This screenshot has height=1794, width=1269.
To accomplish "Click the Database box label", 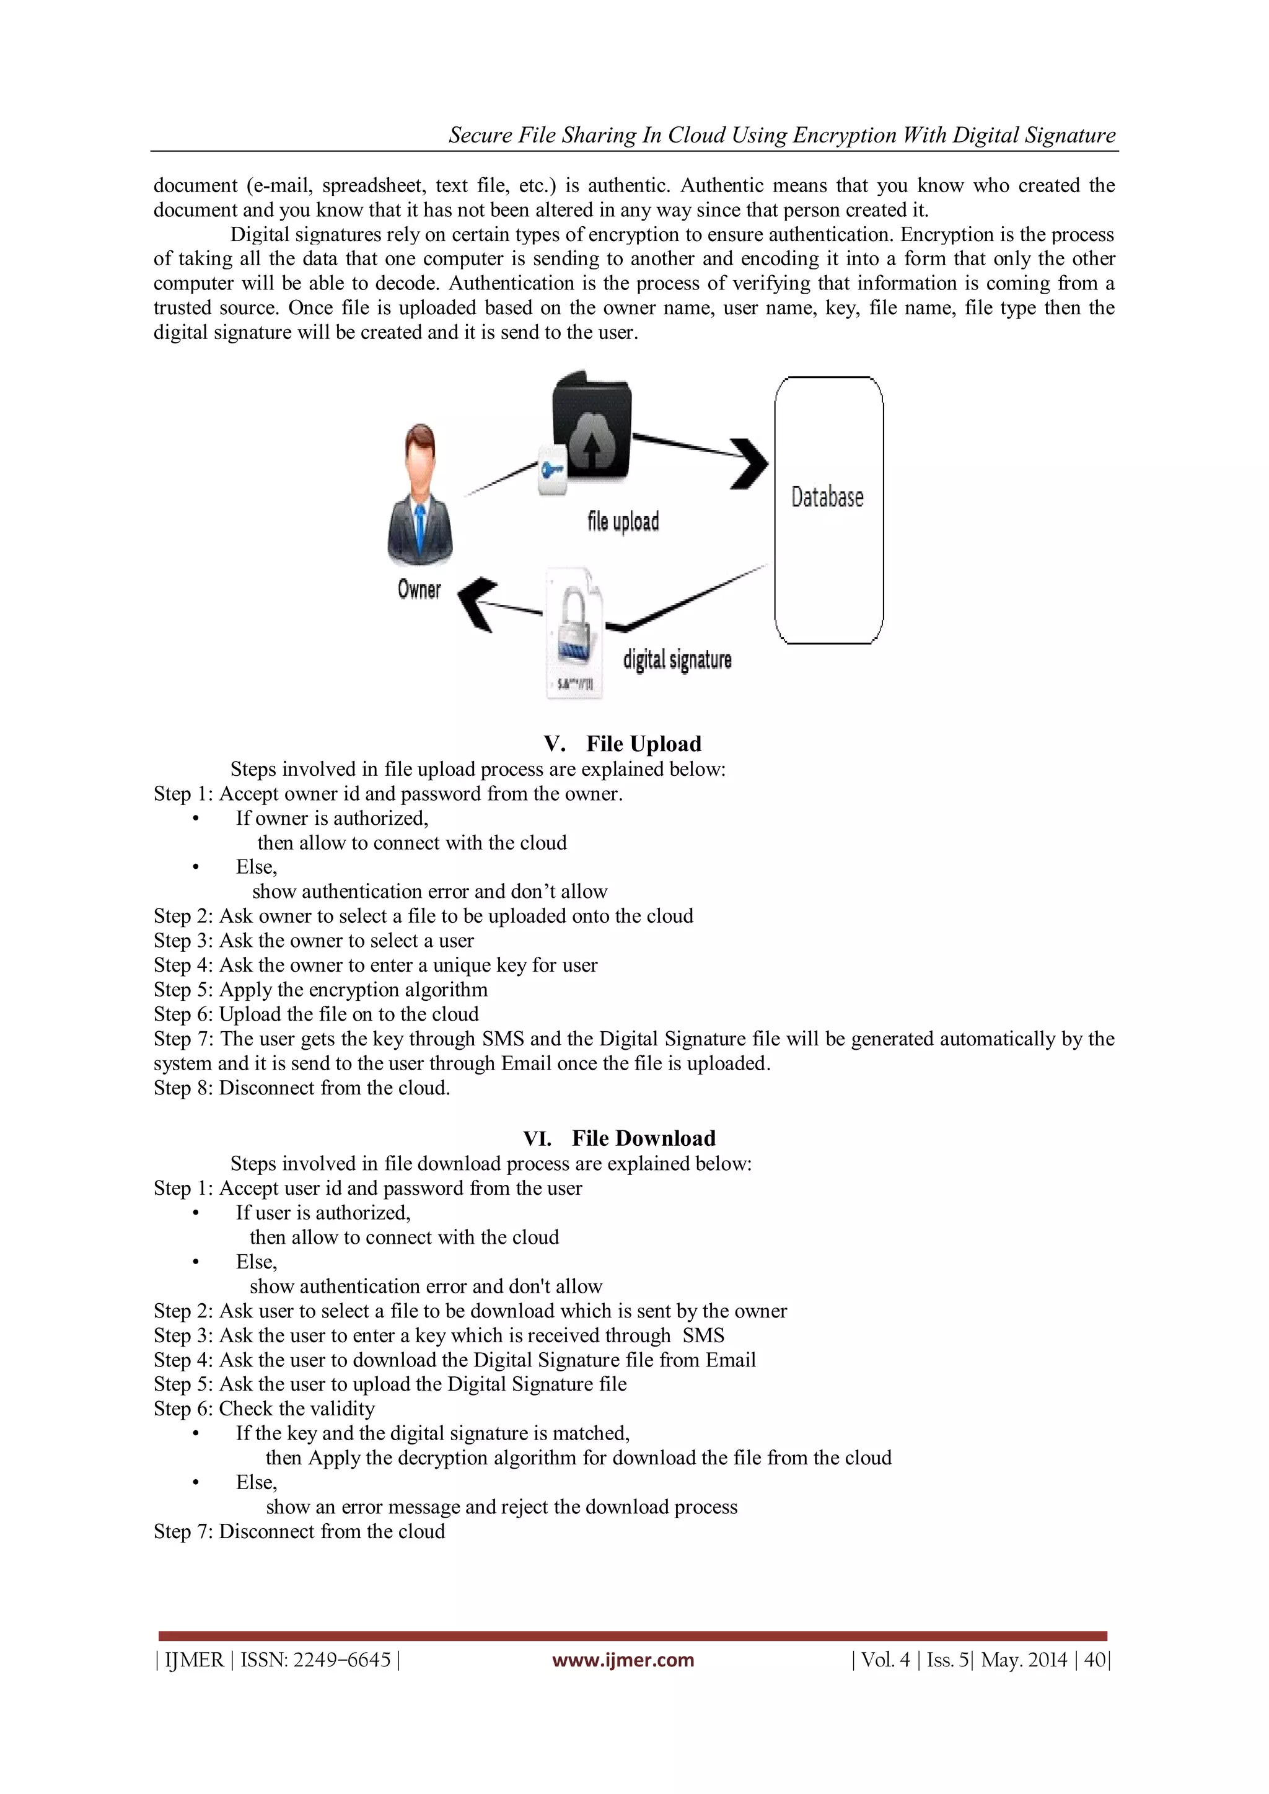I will coord(827,497).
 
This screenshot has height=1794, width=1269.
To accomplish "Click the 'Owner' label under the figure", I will coord(419,590).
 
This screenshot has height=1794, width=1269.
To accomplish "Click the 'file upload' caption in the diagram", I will coord(623,521).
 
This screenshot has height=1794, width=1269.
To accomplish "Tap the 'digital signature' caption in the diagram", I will coord(677,660).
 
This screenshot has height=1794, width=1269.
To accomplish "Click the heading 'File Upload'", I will coord(643,744).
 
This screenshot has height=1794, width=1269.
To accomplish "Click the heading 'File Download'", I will coord(643,1138).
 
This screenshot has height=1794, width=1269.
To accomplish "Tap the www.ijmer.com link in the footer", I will coord(623,1660).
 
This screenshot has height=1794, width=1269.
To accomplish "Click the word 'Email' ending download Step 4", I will coord(730,1360).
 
